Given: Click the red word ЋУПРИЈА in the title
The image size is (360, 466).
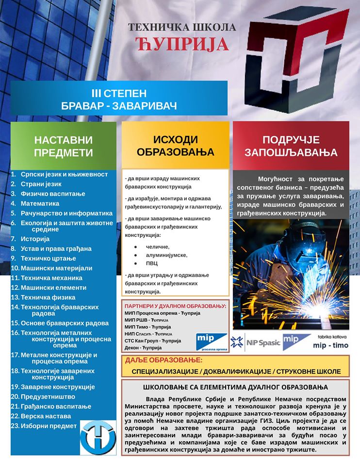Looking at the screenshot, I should click(182, 44).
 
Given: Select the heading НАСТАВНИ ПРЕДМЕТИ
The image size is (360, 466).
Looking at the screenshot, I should click(64, 146).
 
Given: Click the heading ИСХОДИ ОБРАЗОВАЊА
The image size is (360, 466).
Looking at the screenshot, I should click(175, 146).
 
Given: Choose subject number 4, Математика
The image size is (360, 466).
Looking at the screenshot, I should click(40, 203).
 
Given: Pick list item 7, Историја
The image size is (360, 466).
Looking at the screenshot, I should click(35, 239).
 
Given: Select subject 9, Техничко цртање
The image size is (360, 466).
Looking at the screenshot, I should click(47, 258).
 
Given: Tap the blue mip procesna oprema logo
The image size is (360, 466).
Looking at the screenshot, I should click(212, 341).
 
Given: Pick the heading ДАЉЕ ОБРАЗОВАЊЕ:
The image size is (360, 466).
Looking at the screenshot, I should click(164, 361).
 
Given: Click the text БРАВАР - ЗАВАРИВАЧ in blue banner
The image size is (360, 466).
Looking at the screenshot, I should click(119, 104).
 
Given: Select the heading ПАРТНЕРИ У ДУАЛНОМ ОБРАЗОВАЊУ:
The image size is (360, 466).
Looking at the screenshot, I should click(175, 306).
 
